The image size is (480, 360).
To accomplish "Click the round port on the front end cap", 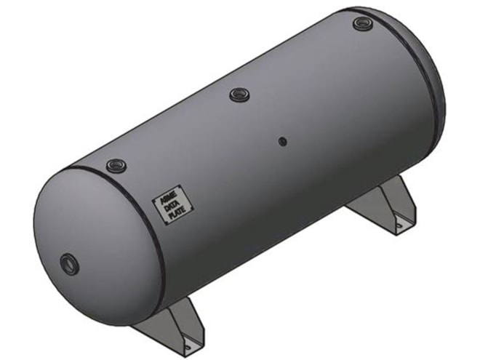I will (x=68, y=260).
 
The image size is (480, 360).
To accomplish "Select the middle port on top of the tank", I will (x=239, y=94).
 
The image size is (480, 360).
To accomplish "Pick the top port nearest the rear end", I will (x=362, y=23).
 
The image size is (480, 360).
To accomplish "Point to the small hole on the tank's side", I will (x=284, y=140).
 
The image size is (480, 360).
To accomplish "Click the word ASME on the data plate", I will (x=164, y=196).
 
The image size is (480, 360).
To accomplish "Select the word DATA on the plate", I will (x=167, y=205).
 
